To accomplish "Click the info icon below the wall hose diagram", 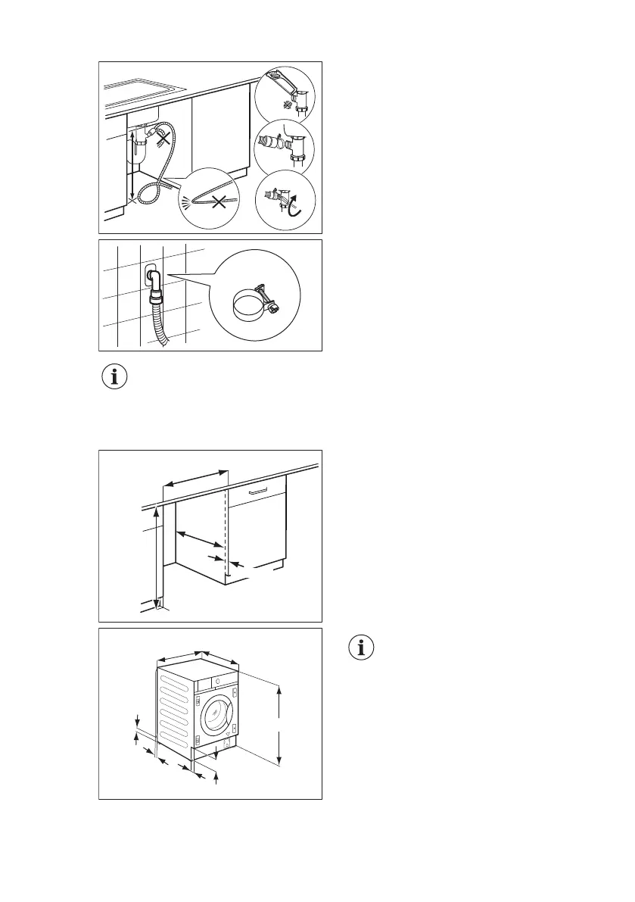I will (x=115, y=377).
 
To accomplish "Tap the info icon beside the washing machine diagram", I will (x=366, y=648).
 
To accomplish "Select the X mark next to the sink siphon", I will (x=160, y=139).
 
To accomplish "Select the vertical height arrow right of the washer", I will (x=280, y=725).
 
